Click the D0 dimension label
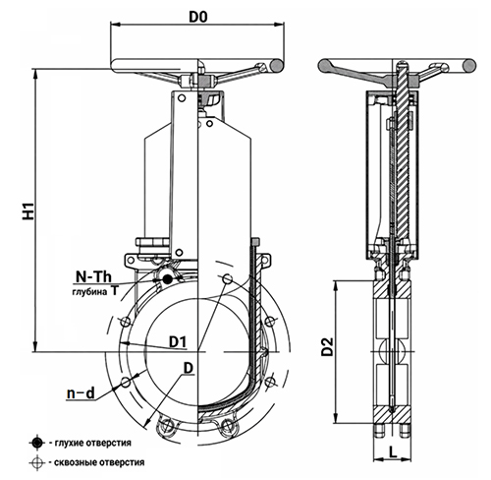point(198,17)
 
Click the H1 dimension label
point(28,210)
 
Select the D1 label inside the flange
point(178,342)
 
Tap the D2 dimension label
point(327,346)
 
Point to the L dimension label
point(393,452)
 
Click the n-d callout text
point(81,392)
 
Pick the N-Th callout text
point(93,277)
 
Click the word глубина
point(89,292)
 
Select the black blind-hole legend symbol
point(37,443)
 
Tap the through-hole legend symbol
point(37,462)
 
